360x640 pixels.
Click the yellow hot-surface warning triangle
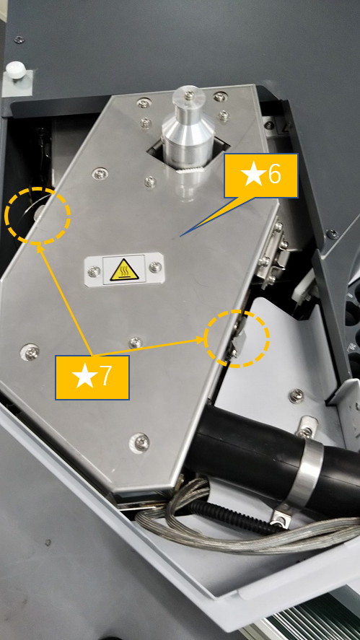point(125,270)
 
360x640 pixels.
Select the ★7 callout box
point(92,377)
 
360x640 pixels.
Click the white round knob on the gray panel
point(16,70)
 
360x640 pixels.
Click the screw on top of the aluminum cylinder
point(188,95)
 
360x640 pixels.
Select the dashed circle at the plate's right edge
point(237,311)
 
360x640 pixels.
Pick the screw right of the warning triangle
point(155,267)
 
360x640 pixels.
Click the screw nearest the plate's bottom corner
point(139,442)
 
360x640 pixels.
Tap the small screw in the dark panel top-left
point(19,40)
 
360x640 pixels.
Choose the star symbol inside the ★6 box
point(253,175)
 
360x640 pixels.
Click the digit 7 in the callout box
point(105,377)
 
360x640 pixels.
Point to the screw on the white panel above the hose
point(297,395)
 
